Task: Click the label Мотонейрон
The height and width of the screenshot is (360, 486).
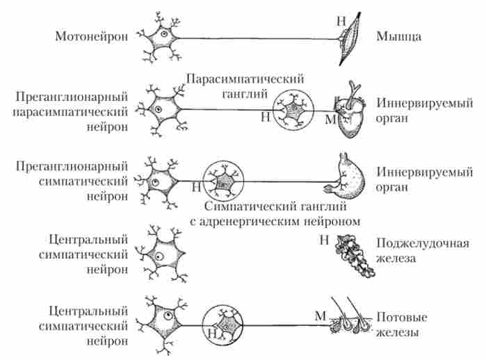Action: pos(92,36)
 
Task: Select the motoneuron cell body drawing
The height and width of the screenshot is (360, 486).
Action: pos(161,36)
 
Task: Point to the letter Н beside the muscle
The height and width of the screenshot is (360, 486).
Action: pos(340,22)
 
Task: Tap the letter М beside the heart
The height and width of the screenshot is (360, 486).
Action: pos(330,120)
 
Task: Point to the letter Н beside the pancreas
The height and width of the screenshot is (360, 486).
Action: pos(323,240)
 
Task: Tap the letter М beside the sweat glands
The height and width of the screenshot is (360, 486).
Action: pos(321,316)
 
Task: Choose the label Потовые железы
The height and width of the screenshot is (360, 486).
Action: pos(400,325)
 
